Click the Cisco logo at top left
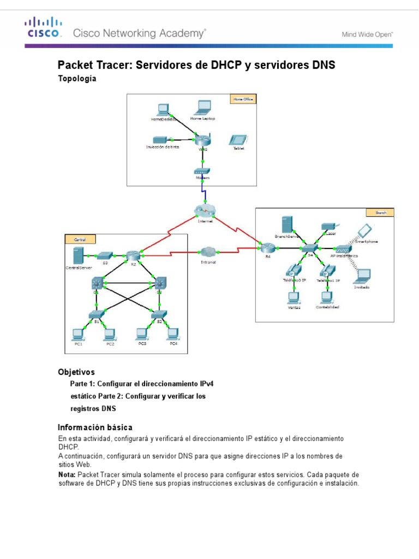click(43, 28)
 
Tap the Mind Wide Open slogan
click(367, 34)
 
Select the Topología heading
click(77, 79)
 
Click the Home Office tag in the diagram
click(242, 99)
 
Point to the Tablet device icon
click(238, 140)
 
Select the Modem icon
click(202, 171)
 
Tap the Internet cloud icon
click(205, 211)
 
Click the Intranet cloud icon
click(208, 252)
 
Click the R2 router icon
click(133, 255)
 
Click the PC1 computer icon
click(77, 333)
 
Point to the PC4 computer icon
click(173, 332)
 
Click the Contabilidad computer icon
click(326, 297)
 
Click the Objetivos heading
click(76, 372)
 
